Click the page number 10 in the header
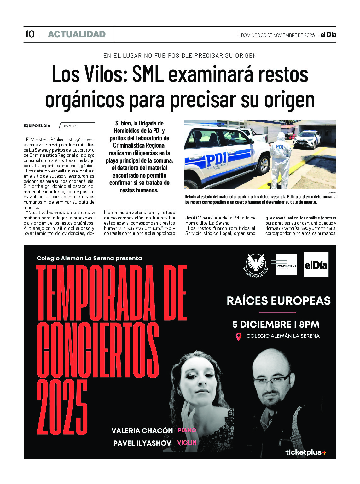click(30, 34)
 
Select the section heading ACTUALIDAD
click(77, 34)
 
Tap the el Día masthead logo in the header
click(328, 35)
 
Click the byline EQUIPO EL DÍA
click(37, 126)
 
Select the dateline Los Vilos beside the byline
click(70, 126)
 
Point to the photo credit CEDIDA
click(332, 192)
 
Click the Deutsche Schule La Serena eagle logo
click(256, 265)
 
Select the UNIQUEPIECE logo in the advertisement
click(286, 265)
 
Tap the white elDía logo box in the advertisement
click(316, 265)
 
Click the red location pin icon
click(239, 336)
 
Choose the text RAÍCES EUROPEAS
click(279, 300)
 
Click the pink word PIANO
click(187, 430)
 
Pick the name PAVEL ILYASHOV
click(142, 443)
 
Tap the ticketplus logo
click(305, 452)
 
